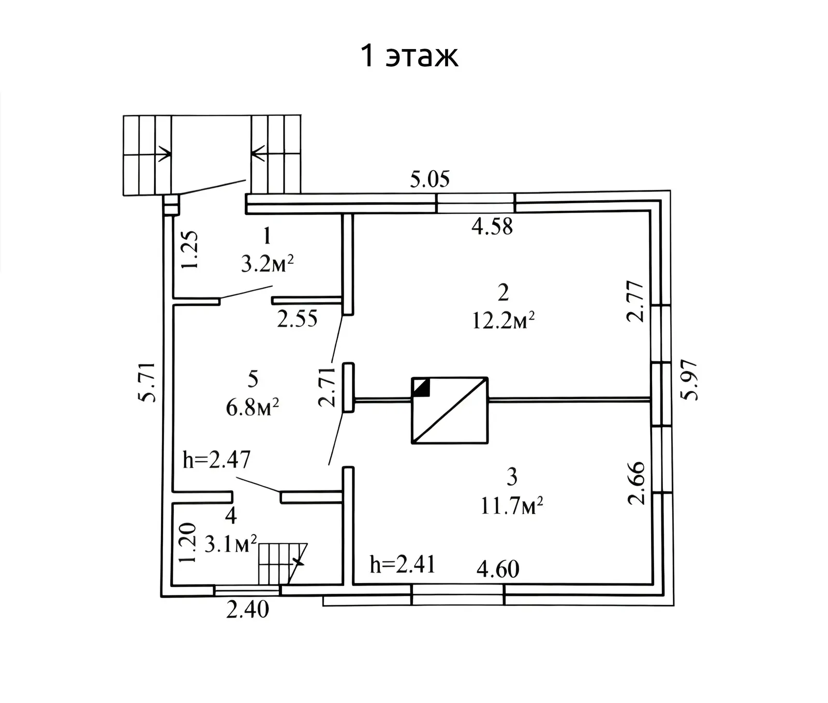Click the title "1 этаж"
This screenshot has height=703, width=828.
tap(409, 56)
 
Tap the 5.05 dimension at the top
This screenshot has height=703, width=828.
tap(430, 180)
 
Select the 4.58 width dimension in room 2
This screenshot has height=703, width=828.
tap(492, 227)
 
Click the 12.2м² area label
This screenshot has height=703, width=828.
tap(503, 321)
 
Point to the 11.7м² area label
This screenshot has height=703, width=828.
tap(511, 505)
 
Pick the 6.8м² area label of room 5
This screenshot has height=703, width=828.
tap(253, 408)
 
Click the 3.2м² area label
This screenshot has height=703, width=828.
tap(267, 264)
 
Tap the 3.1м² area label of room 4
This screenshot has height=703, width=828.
tap(231, 544)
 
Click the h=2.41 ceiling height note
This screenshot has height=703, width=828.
tap(403, 564)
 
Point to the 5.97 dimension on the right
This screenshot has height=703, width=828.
tap(690, 380)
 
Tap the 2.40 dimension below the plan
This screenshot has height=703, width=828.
tap(247, 609)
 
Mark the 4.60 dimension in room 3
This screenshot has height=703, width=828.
tap(498, 569)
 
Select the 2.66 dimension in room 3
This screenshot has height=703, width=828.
tap(637, 483)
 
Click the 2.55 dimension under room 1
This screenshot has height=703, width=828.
tap(297, 319)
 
